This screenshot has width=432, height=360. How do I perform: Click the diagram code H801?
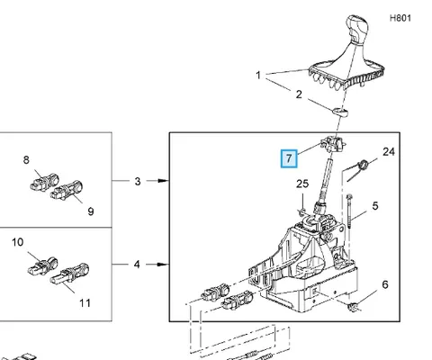pyautogui.click(x=400, y=18)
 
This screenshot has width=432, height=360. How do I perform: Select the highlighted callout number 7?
pyautogui.click(x=289, y=158)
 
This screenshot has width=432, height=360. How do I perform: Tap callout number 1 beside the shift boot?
pyautogui.click(x=258, y=75)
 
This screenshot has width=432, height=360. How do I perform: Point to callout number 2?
pyautogui.click(x=299, y=94)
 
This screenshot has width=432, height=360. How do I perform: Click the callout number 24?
pyautogui.click(x=389, y=152)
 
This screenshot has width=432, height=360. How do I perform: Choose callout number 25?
pyautogui.click(x=302, y=184)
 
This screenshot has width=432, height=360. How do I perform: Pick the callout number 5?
pyautogui.click(x=375, y=206)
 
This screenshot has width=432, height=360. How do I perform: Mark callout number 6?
pyautogui.click(x=385, y=284)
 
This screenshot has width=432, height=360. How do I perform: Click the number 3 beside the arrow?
pyautogui.click(x=138, y=182)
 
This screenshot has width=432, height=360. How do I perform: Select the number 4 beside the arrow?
pyautogui.click(x=137, y=265)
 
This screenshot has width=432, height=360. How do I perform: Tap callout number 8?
pyautogui.click(x=26, y=160)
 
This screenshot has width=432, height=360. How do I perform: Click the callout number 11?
pyautogui.click(x=85, y=303)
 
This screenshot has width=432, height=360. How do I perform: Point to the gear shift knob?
pyautogui.click(x=357, y=29)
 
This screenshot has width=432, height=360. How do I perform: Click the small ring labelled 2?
pyautogui.click(x=340, y=112)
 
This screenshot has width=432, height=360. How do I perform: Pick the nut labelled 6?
pyautogui.click(x=353, y=307)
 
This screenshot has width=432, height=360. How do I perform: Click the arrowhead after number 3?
pyautogui.click(x=163, y=181)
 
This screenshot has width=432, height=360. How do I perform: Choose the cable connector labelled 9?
pyautogui.click(x=67, y=190)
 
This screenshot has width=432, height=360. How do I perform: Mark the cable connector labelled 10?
pyautogui.click(x=43, y=266)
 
